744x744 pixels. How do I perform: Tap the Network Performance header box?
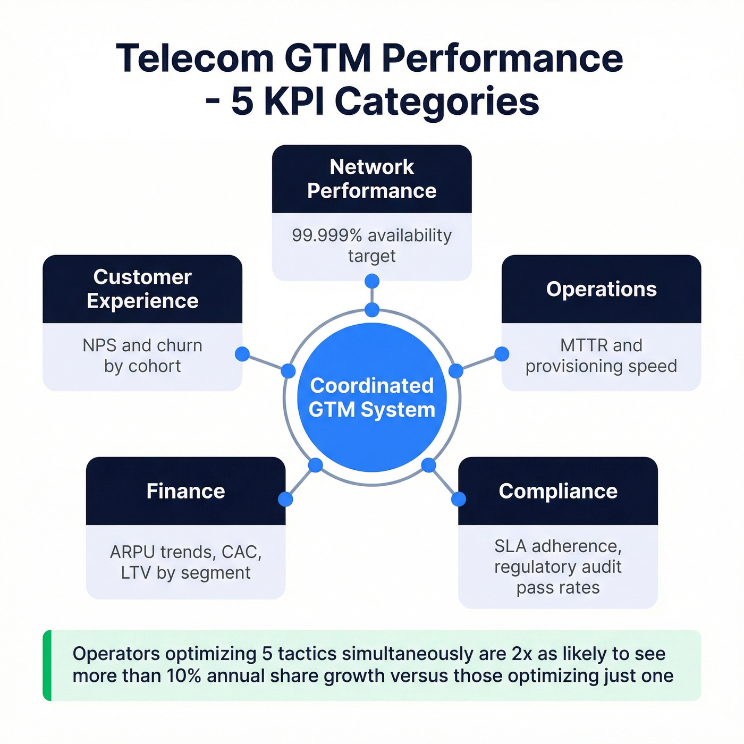click(x=371, y=179)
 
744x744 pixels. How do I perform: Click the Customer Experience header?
click(x=142, y=289)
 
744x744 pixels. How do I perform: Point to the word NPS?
click(x=99, y=345)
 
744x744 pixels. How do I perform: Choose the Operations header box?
click(x=601, y=289)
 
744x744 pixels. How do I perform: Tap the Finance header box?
click(x=185, y=491)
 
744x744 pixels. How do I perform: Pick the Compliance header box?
click(x=558, y=491)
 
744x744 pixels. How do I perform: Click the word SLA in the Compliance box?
click(x=511, y=546)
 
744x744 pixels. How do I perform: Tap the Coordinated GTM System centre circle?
click(x=372, y=398)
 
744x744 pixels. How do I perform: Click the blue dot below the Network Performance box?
click(x=372, y=281)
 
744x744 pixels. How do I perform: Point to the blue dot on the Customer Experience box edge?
click(x=242, y=354)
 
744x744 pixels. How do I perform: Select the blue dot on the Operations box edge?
click(x=502, y=354)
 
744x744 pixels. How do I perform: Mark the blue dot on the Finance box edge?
click(x=285, y=499)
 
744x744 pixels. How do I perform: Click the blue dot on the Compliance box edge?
click(x=459, y=499)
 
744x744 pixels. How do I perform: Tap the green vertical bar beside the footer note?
click(x=47, y=665)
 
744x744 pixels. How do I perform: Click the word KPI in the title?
click(x=294, y=102)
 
